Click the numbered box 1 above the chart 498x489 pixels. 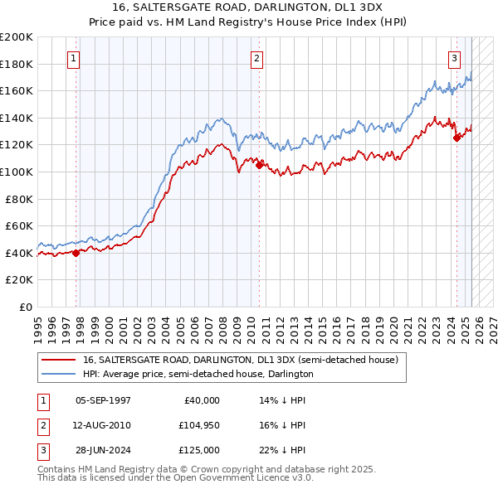click(x=74, y=58)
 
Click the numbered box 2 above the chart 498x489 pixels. click(x=257, y=58)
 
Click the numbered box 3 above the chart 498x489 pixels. click(x=455, y=58)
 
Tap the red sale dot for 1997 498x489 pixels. click(x=76, y=254)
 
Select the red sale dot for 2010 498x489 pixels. click(x=260, y=165)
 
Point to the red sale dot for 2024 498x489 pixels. click(x=456, y=138)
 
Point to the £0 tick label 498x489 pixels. click(x=25, y=307)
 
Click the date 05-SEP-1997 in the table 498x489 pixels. click(x=103, y=399)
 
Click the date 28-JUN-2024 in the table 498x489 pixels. click(x=103, y=450)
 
